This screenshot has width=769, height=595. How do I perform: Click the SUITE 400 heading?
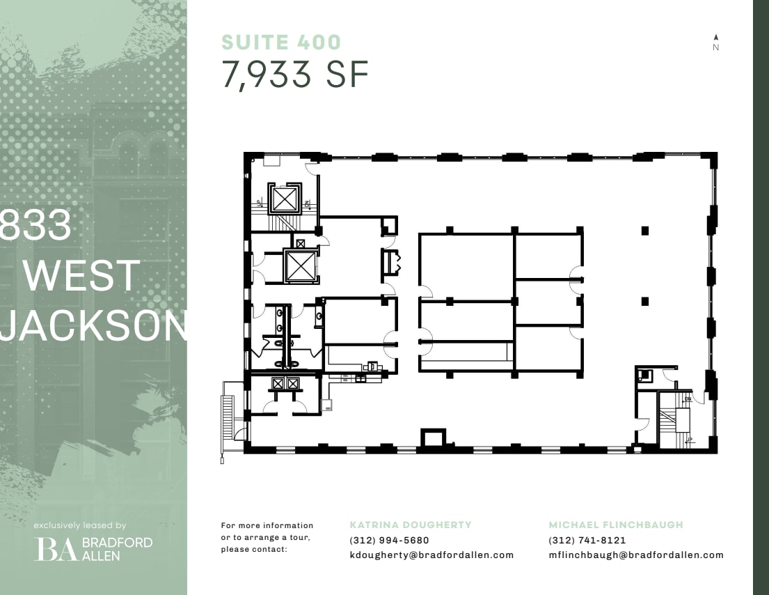pos(281,42)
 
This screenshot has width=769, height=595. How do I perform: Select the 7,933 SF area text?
pos(295,75)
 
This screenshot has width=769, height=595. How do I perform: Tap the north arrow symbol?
pos(715,38)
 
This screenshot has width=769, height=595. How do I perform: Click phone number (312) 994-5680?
pos(389,540)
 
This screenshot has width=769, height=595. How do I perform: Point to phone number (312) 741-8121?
pos(587,540)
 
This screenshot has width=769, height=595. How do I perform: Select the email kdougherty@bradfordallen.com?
pos(431,555)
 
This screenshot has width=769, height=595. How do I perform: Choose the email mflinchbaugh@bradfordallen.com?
pos(636,555)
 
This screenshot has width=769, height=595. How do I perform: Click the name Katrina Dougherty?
pos(411,525)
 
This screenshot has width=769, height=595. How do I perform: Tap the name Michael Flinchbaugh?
pos(616,525)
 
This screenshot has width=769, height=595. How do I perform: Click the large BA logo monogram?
pos(57,549)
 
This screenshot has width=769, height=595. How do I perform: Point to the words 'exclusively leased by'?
pos(80,525)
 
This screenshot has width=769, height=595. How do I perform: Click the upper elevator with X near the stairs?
pos(285,199)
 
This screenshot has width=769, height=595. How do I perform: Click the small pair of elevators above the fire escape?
pos(285,384)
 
